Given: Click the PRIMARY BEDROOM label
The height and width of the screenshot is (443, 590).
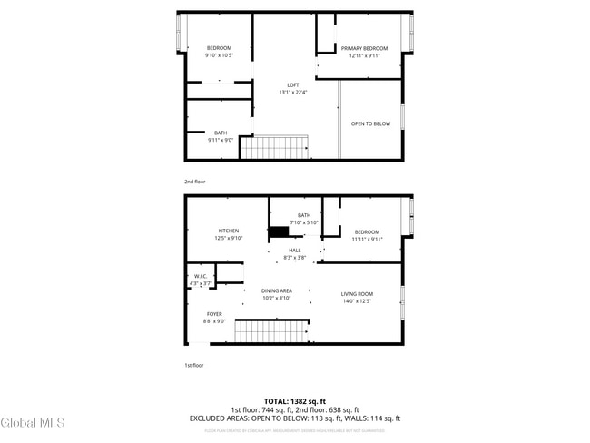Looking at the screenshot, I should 364,48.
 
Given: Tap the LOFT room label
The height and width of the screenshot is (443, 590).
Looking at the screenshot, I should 293,85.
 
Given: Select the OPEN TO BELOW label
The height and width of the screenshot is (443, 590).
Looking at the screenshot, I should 371,123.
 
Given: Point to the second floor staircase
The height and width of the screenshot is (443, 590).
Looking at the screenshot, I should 274,148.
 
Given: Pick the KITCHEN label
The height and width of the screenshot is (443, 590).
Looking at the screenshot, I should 228,231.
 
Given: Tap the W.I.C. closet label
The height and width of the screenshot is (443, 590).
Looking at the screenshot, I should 201,277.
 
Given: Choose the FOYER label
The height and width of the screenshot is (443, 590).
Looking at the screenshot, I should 214,314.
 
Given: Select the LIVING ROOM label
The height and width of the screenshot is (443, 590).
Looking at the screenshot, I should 357,294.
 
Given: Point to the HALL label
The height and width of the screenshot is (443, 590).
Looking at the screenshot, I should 295,251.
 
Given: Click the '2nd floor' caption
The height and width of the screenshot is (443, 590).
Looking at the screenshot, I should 195,182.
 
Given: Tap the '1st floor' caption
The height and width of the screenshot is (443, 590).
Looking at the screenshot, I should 194,366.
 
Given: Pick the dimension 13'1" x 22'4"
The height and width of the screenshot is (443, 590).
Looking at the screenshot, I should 293,92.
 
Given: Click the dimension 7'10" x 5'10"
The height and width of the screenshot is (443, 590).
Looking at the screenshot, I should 303,222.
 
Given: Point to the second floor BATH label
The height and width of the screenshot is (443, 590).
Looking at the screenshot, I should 221,133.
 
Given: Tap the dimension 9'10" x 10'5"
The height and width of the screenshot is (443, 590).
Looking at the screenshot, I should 219,55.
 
